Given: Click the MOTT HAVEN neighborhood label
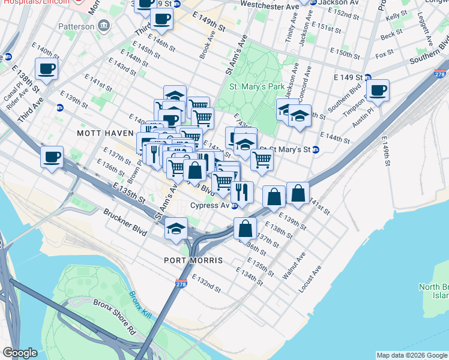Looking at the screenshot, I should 100,132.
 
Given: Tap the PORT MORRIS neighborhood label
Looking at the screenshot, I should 193,261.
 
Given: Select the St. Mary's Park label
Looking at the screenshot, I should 257,86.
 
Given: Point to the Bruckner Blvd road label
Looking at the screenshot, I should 125,221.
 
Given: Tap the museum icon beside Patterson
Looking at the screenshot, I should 104,26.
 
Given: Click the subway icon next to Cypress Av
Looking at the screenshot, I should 235,205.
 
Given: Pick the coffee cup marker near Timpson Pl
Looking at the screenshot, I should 378,91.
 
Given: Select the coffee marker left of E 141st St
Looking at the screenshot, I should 46,69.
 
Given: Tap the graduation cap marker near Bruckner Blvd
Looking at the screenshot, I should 175,229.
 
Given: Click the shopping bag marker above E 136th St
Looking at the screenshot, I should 245,228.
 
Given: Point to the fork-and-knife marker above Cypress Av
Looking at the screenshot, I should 242,192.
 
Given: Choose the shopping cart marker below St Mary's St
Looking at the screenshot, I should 262,160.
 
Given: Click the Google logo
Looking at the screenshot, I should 20,353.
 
